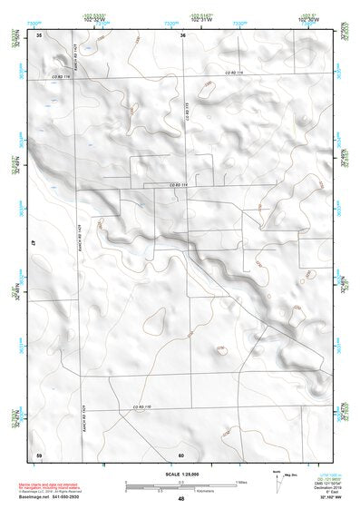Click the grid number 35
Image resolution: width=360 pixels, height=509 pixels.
[x=39, y=34]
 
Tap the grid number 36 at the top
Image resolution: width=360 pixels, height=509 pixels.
[x=182, y=34]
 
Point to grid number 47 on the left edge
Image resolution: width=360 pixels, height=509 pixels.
[x=34, y=243]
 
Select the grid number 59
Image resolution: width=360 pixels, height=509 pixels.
[x=39, y=454]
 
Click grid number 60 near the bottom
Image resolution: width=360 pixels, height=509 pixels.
[x=181, y=454]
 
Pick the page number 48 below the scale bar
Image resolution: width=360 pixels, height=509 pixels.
[x=181, y=499]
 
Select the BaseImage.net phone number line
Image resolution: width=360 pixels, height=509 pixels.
[x=54, y=498]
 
